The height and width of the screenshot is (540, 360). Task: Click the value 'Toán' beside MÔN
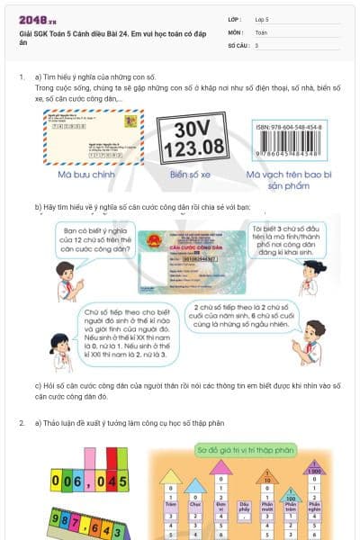coord(261,31)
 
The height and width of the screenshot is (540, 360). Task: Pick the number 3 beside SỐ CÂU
coord(256,44)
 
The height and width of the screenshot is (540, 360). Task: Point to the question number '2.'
coord(22,422)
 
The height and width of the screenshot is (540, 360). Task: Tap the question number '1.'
coord(22,77)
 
